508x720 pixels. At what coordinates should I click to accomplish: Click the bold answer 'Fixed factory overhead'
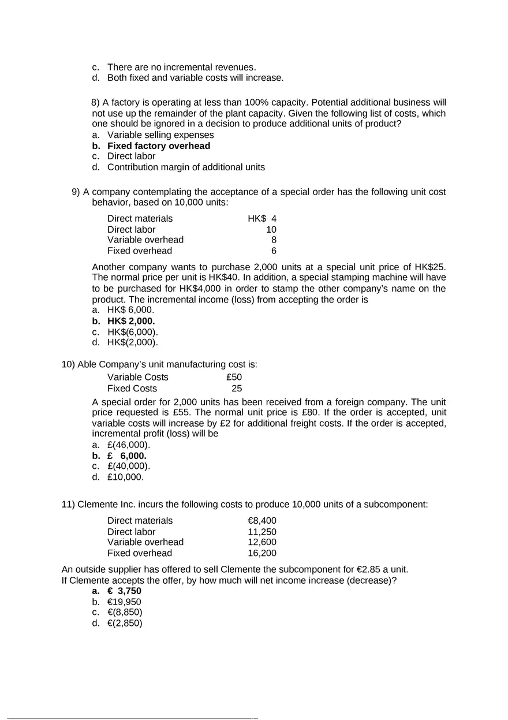(158, 146)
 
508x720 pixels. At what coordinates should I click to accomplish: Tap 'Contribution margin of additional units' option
(186, 167)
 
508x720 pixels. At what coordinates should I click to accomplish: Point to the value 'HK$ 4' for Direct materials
(262, 219)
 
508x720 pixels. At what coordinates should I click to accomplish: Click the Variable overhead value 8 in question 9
(274, 240)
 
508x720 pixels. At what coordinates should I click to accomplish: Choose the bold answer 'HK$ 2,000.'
(130, 321)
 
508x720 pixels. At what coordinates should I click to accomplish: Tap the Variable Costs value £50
(234, 378)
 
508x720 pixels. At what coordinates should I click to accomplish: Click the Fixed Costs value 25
(237, 389)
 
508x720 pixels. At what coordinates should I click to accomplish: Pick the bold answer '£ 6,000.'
(126, 456)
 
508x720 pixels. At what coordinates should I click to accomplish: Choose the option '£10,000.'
(125, 477)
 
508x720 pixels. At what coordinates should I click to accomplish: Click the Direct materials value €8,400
(262, 521)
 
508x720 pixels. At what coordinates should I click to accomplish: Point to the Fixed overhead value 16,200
(262, 553)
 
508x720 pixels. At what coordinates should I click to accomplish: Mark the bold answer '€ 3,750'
(124, 591)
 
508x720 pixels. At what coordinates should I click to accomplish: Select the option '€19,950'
(124, 602)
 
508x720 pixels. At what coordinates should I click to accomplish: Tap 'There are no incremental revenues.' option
(181, 67)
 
